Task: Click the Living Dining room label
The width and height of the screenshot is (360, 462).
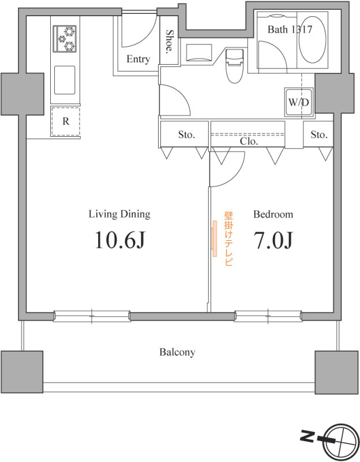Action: (x=119, y=214)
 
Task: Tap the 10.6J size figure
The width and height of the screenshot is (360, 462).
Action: (x=119, y=240)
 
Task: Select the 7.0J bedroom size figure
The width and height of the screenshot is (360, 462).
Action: (x=273, y=240)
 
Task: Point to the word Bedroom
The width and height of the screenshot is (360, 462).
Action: (x=273, y=214)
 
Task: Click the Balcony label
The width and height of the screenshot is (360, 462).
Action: (x=177, y=352)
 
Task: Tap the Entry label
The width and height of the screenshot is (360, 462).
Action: (x=138, y=59)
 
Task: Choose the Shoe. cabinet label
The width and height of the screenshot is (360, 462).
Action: (x=169, y=41)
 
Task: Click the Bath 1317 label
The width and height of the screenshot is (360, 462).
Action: (x=290, y=29)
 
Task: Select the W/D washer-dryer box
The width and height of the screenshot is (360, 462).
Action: (x=299, y=102)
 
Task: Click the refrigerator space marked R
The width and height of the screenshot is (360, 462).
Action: (x=66, y=121)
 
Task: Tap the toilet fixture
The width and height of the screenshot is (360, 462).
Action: (x=235, y=65)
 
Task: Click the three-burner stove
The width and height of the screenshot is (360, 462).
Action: (x=65, y=39)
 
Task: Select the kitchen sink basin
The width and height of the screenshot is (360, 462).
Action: (x=65, y=80)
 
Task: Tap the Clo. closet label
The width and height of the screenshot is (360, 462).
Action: (x=249, y=141)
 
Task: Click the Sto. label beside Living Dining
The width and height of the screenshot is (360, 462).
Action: (x=186, y=135)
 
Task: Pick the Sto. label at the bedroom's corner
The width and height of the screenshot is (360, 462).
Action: (x=319, y=135)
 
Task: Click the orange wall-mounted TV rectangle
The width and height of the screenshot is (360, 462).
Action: (x=214, y=239)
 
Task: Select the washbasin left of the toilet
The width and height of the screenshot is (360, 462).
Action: (x=199, y=53)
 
